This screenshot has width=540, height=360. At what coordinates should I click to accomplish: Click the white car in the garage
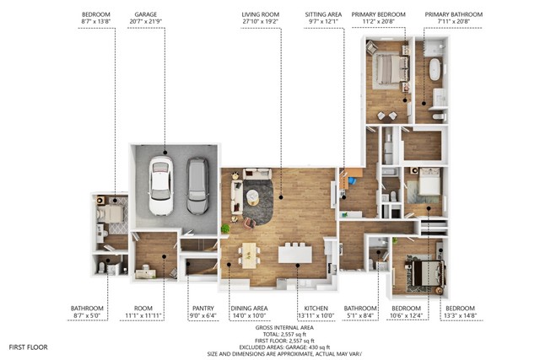[x=161, y=185]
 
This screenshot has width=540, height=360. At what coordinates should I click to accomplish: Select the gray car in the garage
[x=197, y=185]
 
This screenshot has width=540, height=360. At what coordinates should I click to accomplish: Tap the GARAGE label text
[x=146, y=14]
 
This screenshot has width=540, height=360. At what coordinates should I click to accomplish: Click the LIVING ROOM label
[x=261, y=14]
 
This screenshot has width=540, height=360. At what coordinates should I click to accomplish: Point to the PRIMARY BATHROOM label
[x=454, y=14]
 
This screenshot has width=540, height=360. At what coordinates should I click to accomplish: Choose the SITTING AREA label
[x=323, y=14]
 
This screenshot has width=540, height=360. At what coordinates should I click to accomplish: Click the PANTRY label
[x=203, y=309]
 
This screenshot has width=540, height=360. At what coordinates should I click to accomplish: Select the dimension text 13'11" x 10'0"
[x=316, y=315]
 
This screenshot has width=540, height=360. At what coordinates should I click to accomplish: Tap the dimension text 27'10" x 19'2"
[x=261, y=21]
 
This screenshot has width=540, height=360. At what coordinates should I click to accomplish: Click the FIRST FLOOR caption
[x=28, y=347]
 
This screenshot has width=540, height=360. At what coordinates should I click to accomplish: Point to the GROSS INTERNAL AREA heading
[x=284, y=328]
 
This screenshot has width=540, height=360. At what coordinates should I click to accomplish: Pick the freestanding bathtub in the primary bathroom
[x=435, y=69]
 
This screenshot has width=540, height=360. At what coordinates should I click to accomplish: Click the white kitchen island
[x=295, y=254]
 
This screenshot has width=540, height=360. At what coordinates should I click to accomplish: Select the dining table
[x=250, y=255]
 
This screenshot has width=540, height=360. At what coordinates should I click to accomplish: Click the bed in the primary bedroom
[x=389, y=69]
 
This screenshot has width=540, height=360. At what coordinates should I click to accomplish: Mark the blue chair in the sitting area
[x=352, y=180]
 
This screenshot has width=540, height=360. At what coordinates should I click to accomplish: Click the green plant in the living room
[x=225, y=228]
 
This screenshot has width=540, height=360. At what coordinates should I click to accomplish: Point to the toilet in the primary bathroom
[x=439, y=117]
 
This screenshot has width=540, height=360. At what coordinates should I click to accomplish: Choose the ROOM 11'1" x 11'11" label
[x=143, y=312]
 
